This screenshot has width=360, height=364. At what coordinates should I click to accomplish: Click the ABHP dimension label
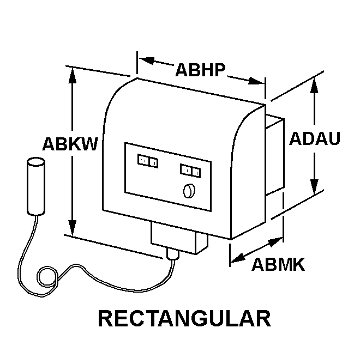coord(200,70)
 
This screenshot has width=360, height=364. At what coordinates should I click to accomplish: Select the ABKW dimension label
coord(70,144)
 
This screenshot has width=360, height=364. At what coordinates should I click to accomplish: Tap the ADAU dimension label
coord(315,138)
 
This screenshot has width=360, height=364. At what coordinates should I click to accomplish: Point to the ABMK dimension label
coord(278,264)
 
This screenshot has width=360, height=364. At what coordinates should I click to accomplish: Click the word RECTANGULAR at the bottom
coord(184,318)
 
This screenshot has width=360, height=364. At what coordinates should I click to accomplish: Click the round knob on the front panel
coord(189,191)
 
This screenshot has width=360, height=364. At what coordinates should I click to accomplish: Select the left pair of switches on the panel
coord(148,161)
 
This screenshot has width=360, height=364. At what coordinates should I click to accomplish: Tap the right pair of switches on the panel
coord(190,171)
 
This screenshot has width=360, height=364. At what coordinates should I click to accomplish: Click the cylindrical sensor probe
coord(36,186)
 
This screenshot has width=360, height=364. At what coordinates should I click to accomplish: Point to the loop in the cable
coord(47,277)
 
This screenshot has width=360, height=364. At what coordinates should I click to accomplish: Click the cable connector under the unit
coord(173,253)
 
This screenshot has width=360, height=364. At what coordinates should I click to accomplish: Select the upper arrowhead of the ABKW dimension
coord(73,75)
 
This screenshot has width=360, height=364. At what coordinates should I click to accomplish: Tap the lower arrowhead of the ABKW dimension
coord(73,228)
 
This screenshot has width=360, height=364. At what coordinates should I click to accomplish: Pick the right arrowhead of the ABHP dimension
coord(256,81)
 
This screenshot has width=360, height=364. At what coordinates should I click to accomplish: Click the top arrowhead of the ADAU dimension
coord(314,86)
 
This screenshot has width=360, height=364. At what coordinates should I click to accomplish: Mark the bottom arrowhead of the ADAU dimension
coord(314,186)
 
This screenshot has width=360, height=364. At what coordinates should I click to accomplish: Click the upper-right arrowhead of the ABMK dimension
coord(275,241)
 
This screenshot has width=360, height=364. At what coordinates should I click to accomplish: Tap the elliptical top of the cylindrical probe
coord(36,162)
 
